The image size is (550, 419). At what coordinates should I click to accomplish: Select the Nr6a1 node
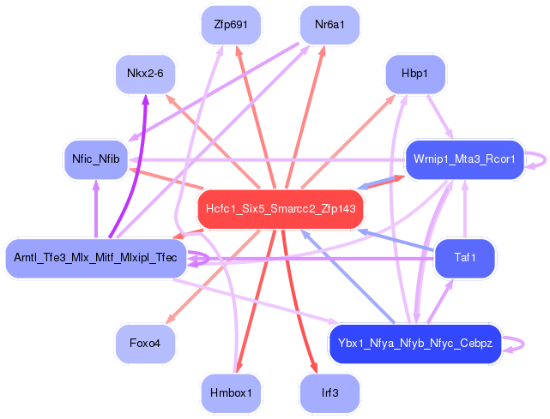click(329, 25)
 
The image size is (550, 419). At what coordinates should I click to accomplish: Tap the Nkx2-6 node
click(145, 75)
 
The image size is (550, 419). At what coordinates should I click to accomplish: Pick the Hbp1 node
click(414, 75)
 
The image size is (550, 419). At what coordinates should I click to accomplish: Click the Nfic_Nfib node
click(95, 159)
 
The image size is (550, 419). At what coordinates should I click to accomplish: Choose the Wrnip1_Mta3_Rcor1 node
click(463, 159)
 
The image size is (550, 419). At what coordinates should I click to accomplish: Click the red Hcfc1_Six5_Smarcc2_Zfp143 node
click(281, 208)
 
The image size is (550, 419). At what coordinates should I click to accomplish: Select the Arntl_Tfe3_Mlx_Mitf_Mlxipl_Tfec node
click(95, 258)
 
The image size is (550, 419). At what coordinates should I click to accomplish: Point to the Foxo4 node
click(145, 343)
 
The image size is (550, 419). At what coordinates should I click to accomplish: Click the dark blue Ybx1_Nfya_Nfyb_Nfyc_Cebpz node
click(414, 343)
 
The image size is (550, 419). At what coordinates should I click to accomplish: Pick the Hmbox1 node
click(231, 392)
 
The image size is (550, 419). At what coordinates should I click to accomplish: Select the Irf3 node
click(329, 392)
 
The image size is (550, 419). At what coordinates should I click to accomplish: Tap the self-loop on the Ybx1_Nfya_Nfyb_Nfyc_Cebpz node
click(514, 343)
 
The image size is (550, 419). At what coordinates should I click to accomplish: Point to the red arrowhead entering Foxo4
click(167, 321)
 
